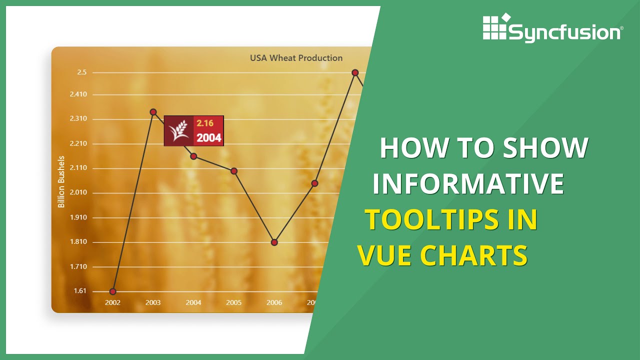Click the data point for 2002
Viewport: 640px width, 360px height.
pos(112,291)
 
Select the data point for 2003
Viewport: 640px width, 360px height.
pos(153,112)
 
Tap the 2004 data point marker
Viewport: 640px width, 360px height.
pos(193,156)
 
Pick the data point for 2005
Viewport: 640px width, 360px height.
pos(234,171)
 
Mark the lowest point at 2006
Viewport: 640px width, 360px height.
pos(274,242)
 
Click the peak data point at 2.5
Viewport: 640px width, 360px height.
pos(355,72)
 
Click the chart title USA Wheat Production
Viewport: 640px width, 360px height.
pos(296,58)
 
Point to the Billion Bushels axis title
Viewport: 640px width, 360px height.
pos(61,181)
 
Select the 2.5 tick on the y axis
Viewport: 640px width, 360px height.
pos(81,72)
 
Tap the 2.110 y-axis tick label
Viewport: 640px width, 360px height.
pos(78,168)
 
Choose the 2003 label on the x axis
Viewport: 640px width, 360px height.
pos(153,302)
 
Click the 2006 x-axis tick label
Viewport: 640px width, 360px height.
pos(274,302)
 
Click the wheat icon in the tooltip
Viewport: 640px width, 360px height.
pos(178,130)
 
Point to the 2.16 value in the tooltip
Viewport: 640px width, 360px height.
pos(205,123)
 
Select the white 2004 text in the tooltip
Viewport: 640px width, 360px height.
pos(208,138)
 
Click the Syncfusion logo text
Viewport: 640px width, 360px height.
pos(564,33)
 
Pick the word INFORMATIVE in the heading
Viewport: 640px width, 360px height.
pos(468,183)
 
